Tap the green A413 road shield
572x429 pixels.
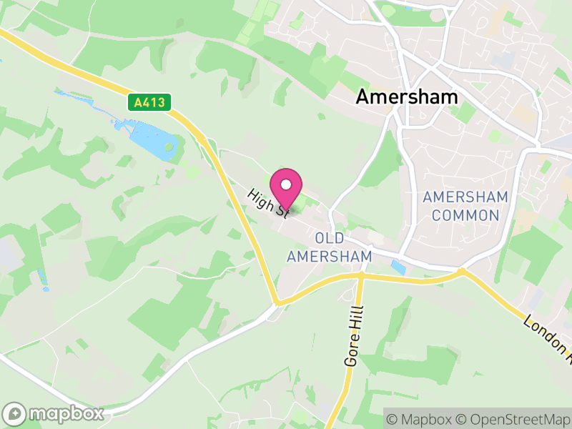tap(149, 102)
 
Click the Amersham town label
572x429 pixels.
tap(407, 97)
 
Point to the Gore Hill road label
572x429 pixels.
tap(353, 337)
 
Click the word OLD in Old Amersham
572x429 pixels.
tap(329, 238)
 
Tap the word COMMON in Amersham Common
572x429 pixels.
tap(465, 215)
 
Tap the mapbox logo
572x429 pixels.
tap(54, 413)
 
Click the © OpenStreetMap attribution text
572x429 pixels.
tap(516, 417)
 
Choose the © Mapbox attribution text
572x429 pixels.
tap(422, 417)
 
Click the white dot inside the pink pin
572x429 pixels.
tap(286, 184)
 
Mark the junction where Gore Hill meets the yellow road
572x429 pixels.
tap(361, 275)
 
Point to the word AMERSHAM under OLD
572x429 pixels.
tap(329, 256)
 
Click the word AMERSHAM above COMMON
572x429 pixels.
tap(465, 197)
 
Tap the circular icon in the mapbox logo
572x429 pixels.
tap(15, 413)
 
